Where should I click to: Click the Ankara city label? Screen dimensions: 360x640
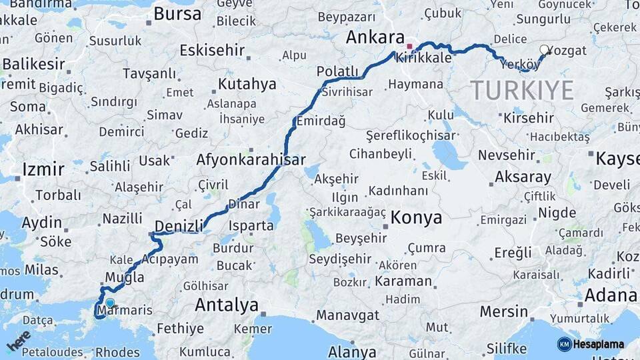[x=375, y=37]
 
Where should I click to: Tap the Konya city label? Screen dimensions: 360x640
[x=416, y=217]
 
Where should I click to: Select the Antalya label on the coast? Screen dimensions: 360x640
[x=227, y=306]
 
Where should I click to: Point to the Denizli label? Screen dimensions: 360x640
[x=178, y=226]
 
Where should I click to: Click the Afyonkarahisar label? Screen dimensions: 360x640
[x=251, y=160]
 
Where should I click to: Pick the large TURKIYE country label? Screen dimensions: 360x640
[x=522, y=90]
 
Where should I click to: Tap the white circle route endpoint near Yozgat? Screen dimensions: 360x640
[x=545, y=49]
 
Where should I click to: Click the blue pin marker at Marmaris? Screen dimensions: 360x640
[x=110, y=303]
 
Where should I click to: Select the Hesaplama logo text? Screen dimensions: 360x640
[x=598, y=345]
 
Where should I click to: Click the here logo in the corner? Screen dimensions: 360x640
[x=18, y=340]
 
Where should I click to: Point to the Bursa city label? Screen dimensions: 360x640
[x=177, y=13]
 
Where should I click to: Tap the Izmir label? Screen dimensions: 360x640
[x=43, y=169]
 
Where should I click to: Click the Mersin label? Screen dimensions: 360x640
[x=504, y=311]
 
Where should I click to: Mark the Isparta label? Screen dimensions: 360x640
[x=251, y=225]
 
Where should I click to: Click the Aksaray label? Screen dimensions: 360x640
[x=523, y=177]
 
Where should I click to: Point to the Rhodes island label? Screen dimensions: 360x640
[x=117, y=352]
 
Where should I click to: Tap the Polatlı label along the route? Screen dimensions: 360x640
[x=337, y=71]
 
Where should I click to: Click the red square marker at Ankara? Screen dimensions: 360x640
[x=409, y=47]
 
